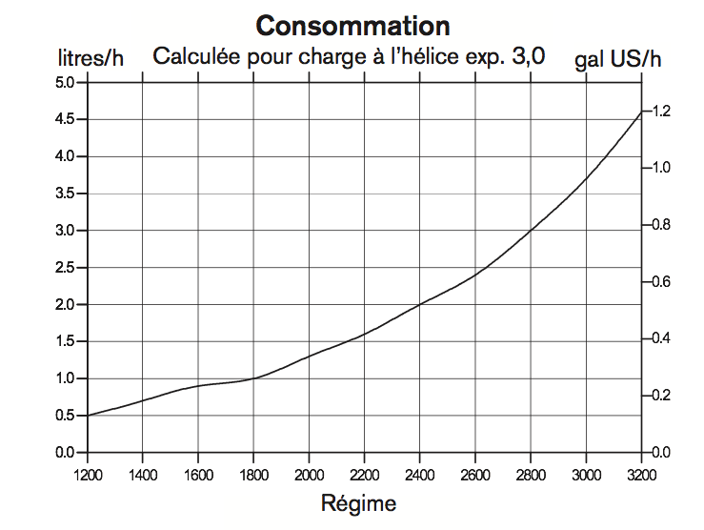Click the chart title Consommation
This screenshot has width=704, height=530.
tap(352, 25)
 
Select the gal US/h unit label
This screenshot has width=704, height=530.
tap(617, 59)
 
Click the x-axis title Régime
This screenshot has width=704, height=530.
tap(358, 502)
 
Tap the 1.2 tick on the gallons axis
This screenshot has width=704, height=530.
tap(661, 112)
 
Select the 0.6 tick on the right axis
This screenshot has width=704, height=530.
tap(661, 282)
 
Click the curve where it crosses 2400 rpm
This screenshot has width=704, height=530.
tap(420, 304)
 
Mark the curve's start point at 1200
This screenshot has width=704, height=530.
tap(88, 416)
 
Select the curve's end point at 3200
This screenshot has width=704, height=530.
tap(641, 112)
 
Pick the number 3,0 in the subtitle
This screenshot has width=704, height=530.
tap(527, 55)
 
